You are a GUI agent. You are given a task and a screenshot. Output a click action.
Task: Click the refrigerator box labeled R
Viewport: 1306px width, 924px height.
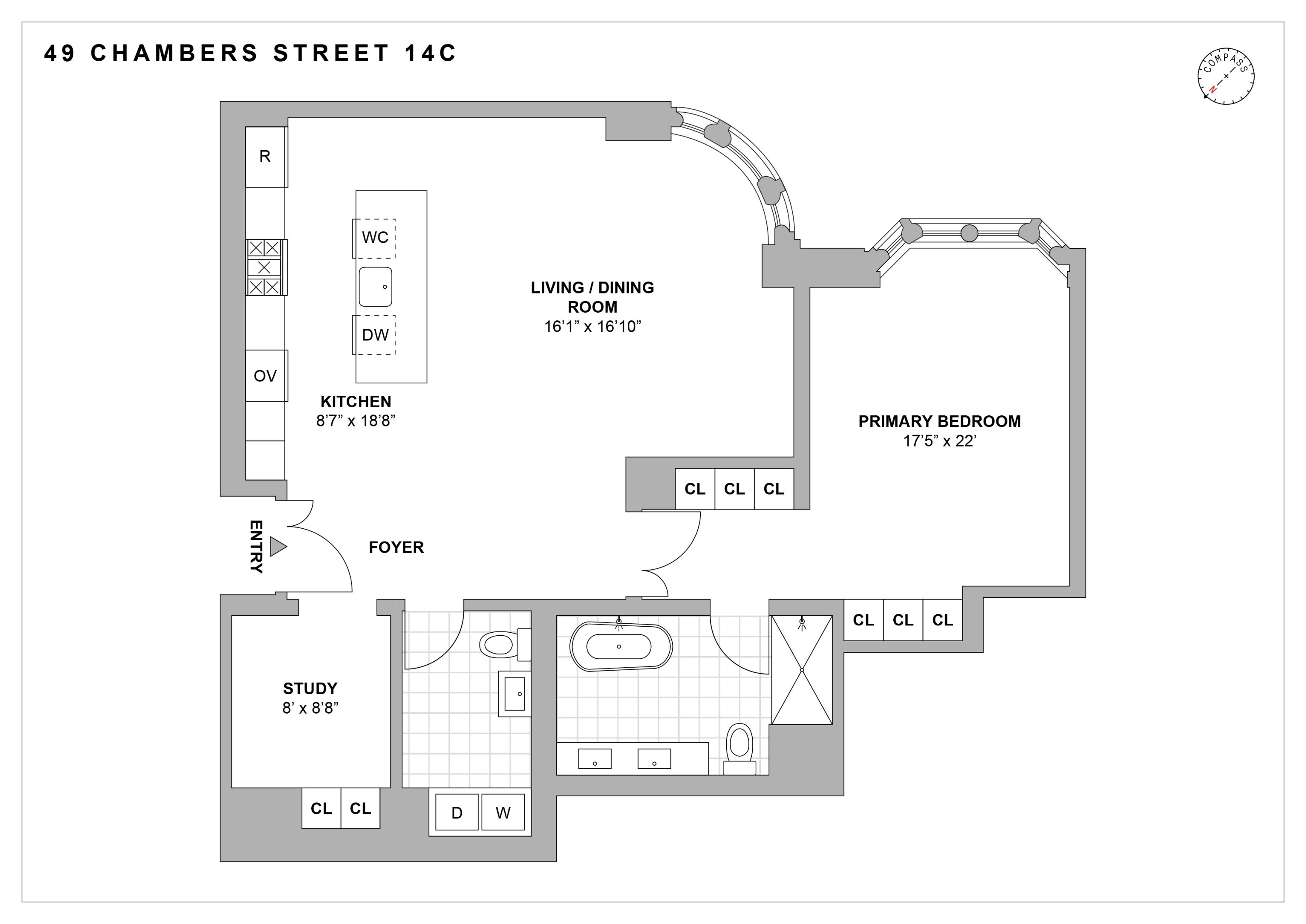coord(265,157)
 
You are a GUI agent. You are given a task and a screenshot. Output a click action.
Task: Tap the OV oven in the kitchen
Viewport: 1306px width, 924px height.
coord(265,376)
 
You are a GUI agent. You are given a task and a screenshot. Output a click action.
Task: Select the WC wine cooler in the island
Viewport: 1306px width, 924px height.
coord(375,238)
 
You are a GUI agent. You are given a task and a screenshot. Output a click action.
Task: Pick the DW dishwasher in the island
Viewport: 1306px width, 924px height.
coord(375,335)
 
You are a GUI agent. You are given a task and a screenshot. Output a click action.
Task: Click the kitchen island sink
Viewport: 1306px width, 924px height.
coord(375,287)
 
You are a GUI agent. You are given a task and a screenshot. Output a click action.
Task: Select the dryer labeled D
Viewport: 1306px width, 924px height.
coord(457,812)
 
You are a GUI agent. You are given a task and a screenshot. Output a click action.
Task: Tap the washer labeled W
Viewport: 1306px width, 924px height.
coord(502,812)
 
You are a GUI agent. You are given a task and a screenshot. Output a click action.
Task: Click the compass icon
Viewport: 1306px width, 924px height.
coord(1226,76)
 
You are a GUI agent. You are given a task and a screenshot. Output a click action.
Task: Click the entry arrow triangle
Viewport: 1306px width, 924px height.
coord(278,546)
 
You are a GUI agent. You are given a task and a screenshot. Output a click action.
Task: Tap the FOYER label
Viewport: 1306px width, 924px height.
coord(396,548)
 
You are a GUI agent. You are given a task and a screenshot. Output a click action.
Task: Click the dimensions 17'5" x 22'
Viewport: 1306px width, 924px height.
coord(939,441)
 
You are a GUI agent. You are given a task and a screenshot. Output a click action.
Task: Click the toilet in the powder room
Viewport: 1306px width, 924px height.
coord(501,645)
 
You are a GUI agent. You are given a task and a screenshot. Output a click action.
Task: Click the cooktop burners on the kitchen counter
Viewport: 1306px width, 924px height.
coord(265,267)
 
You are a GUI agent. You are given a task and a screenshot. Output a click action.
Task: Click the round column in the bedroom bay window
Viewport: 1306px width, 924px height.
coord(969,233)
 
